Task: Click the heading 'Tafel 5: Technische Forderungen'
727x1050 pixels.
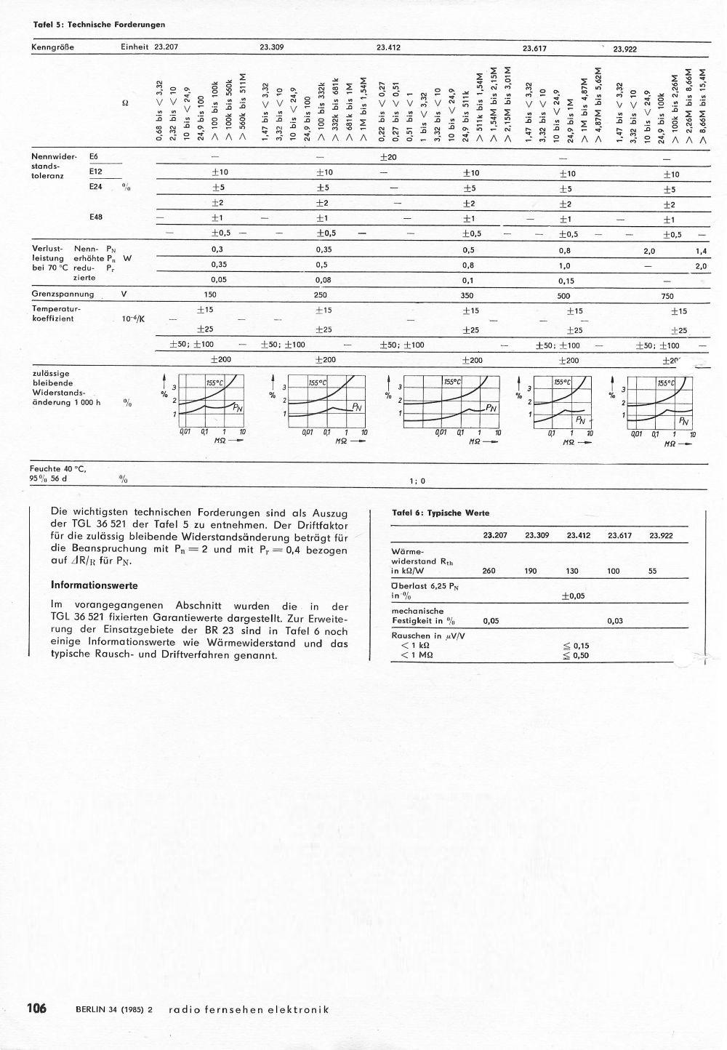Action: click(99, 25)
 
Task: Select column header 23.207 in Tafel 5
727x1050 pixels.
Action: click(166, 47)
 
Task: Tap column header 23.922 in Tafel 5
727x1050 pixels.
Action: click(624, 49)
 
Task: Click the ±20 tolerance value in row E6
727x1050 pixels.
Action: click(387, 157)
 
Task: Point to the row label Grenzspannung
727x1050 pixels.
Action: click(63, 294)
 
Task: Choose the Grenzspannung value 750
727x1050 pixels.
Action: click(667, 296)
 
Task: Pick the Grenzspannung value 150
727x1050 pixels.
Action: click(212, 295)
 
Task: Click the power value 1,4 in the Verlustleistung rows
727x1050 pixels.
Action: click(701, 251)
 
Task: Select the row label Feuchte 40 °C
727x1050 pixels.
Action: click(60, 469)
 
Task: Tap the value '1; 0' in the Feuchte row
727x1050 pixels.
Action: click(417, 481)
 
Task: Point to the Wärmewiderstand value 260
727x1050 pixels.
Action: click(489, 571)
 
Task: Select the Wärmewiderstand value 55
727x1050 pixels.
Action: click(652, 571)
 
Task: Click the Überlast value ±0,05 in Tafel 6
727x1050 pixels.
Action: click(574, 596)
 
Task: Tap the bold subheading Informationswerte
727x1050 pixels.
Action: click(94, 585)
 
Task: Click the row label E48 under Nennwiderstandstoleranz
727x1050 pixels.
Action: click(96, 217)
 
